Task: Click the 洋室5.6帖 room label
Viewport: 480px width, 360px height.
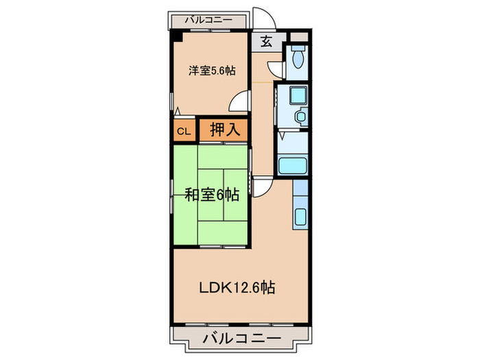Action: point(213,70)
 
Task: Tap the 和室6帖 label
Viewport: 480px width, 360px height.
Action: point(211,195)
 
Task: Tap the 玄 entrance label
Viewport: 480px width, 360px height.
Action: point(266,41)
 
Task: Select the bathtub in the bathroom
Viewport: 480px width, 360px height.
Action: point(293,166)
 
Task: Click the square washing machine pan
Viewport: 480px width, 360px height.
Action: point(298,97)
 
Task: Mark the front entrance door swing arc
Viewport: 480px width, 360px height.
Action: point(265,19)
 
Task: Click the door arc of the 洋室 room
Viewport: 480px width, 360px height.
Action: point(238,101)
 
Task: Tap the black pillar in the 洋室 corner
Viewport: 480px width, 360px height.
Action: point(176,37)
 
